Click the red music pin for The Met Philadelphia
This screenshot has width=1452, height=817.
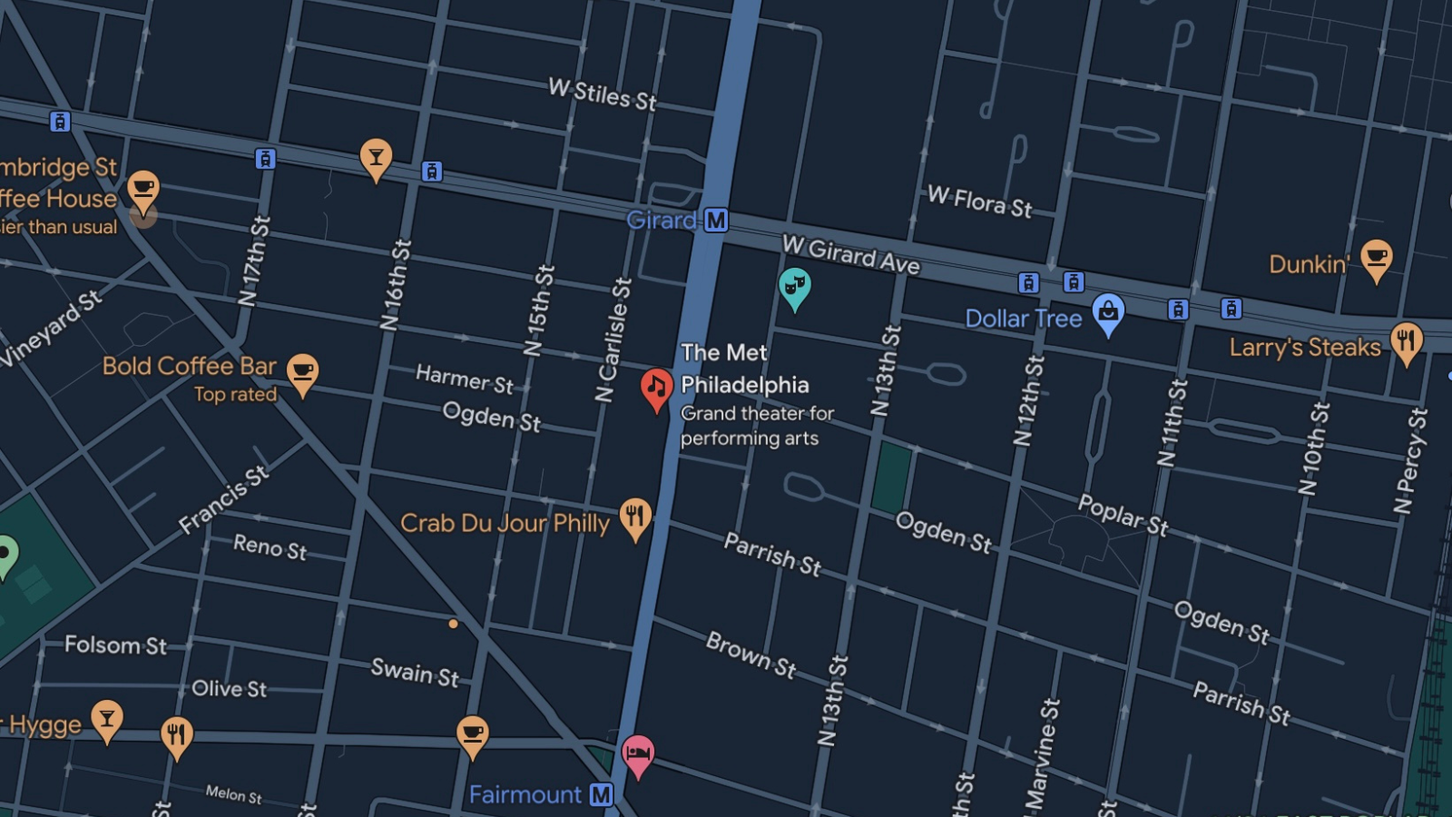pos(656,388)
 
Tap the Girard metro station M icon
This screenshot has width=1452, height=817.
pos(716,221)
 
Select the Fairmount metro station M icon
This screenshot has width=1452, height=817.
pos(601,795)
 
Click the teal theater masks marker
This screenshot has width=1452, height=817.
pos(794,286)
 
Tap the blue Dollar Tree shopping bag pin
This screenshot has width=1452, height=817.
pos(1108,312)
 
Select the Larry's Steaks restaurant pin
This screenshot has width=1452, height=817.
pos(1406,341)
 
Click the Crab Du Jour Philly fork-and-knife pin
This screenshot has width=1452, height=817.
pos(635,517)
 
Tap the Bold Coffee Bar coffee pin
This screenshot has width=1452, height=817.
pos(302,372)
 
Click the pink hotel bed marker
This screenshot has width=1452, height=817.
pos(637,753)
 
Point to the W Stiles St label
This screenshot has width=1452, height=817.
pos(602,94)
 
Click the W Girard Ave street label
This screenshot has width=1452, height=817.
pos(850,255)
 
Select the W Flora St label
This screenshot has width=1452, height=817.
pos(979,202)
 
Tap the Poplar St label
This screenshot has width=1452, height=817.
pos(1123,515)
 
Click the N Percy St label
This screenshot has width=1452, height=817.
pos(1410,461)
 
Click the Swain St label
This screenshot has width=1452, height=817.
pos(415,673)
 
